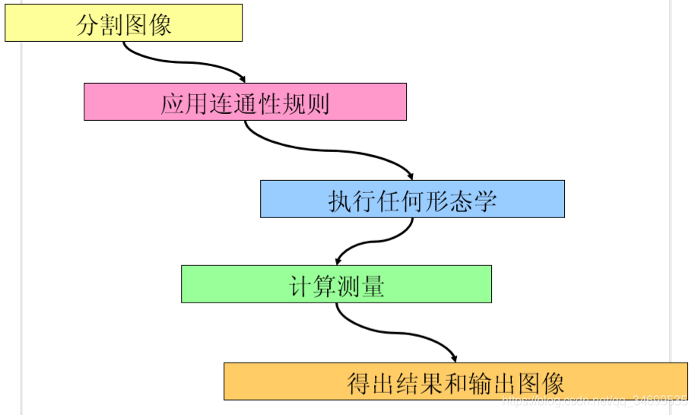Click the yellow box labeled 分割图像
pos(123,23)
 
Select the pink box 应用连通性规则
pos(245,102)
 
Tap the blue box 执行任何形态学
pos(412,199)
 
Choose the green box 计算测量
pos(336,284)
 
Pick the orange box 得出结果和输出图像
pos(455,382)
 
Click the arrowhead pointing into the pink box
pos(242,78)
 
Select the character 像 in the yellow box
pos(160,24)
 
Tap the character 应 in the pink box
pos(173,103)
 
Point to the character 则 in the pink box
pos(319,103)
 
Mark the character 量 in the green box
pos(373,286)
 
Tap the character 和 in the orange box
pos(455,383)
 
